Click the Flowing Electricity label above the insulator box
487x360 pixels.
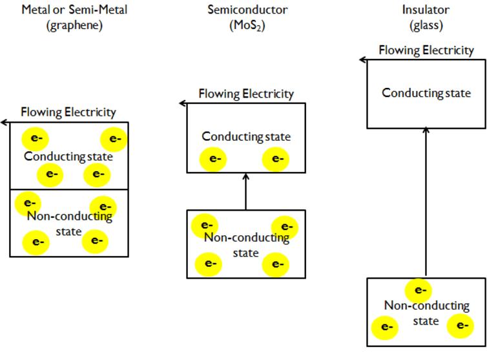pyautogui.click(x=426, y=50)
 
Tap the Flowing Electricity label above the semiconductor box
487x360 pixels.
pyautogui.click(x=246, y=94)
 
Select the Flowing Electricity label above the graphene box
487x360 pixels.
pyautogui.click(x=68, y=112)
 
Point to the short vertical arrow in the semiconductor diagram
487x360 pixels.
pyautogui.click(x=245, y=191)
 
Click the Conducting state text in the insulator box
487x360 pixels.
pyautogui.click(x=426, y=93)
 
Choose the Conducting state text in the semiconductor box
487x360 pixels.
pyautogui.click(x=246, y=136)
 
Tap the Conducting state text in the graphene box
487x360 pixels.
pyautogui.click(x=68, y=156)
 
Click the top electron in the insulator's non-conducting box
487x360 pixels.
pyautogui.click(x=419, y=290)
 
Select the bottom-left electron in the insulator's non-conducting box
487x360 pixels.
pyautogui.click(x=386, y=327)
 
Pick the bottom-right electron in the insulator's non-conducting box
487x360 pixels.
pyautogui.click(x=461, y=325)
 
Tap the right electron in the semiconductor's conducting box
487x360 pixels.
pyautogui.click(x=276, y=158)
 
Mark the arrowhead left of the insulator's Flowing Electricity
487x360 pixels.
pyautogui.click(x=363, y=59)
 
